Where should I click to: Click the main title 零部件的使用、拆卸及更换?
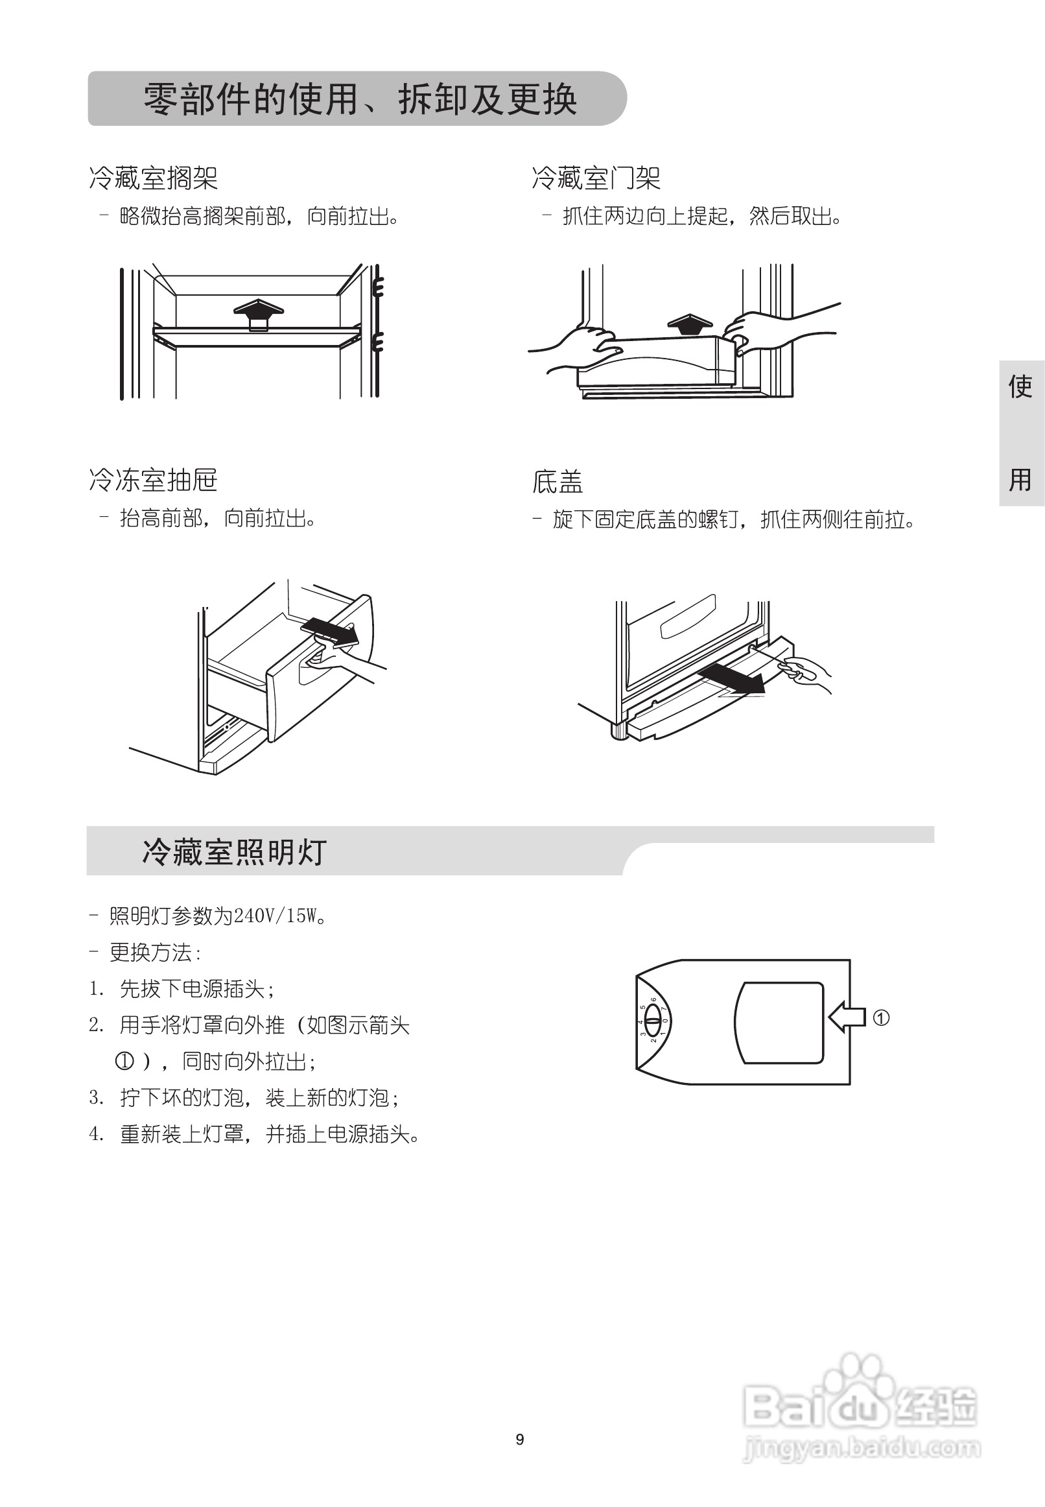tap(360, 100)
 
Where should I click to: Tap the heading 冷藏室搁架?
tap(153, 178)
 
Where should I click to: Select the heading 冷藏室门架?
tap(596, 178)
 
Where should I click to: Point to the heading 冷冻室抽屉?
tap(153, 480)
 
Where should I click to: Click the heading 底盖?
tap(558, 482)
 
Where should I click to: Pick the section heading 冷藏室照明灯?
tap(235, 852)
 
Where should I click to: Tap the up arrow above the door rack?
tap(690, 324)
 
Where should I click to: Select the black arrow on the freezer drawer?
tap(331, 631)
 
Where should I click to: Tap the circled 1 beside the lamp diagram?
tap(881, 1018)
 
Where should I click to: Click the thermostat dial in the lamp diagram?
tap(653, 1021)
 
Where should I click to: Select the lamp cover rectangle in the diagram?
tap(779, 1023)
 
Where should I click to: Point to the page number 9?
tap(520, 1439)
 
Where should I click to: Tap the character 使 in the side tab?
tap(1020, 387)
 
